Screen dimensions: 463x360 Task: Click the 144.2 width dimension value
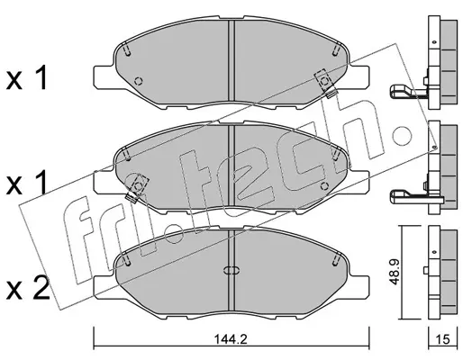pos(231,339)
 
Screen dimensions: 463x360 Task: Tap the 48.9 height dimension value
pos(395,272)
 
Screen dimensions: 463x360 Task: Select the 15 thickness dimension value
pos(442,339)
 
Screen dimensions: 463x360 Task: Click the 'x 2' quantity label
pos(28,288)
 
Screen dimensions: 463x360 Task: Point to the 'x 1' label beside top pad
pos(27,78)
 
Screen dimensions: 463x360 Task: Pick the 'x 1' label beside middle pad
pos(27,182)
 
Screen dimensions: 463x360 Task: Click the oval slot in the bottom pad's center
pos(231,270)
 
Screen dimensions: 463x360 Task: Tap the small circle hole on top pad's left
pos(139,81)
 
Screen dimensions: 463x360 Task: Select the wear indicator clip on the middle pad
pos(137,188)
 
